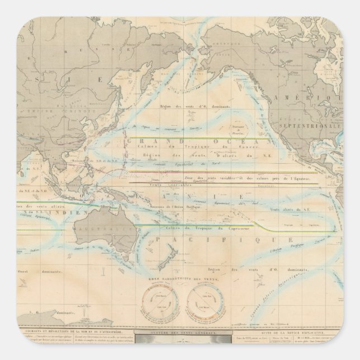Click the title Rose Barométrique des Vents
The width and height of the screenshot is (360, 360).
coord(181,283)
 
